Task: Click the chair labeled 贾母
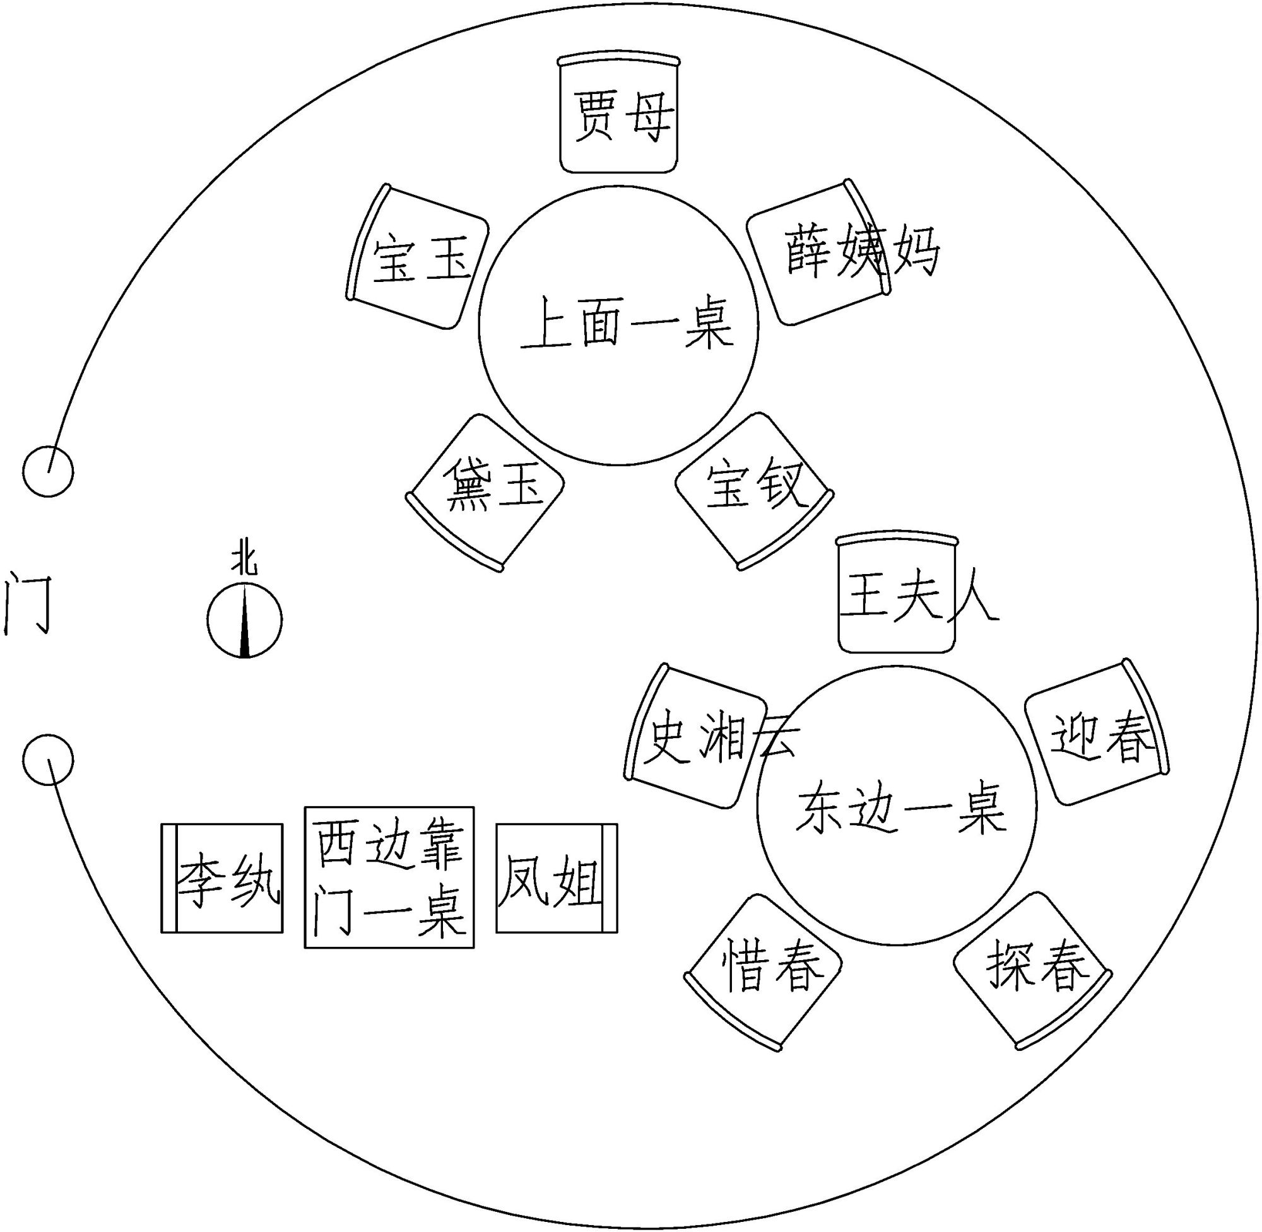(x=619, y=115)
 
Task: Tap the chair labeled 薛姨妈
(x=818, y=253)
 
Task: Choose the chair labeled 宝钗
(x=753, y=490)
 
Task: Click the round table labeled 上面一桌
(x=618, y=326)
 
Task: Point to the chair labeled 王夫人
(x=897, y=595)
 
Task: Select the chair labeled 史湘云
(x=698, y=737)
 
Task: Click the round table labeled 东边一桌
(x=897, y=806)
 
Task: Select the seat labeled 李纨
(x=222, y=877)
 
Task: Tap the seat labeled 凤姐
(x=557, y=877)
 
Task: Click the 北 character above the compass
(x=245, y=561)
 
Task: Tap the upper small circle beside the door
(x=48, y=471)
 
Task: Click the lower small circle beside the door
(x=48, y=759)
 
